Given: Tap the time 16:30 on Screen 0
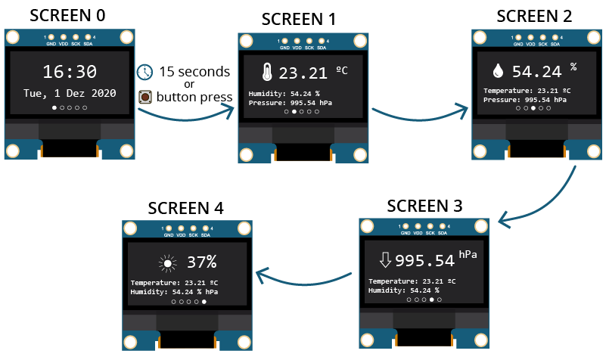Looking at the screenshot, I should pos(69,72).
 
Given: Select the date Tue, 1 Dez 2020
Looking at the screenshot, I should pos(69,94).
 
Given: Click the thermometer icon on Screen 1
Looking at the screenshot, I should pos(266,73).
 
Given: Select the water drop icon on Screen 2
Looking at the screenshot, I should pos(498,71).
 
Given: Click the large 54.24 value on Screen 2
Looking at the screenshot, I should pos(536,72).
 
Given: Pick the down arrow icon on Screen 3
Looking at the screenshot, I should pos(385,260).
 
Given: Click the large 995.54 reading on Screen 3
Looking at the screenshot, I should pos(424,261).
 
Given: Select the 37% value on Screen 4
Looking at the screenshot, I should pos(202,262).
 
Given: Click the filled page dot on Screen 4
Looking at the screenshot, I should pos(204,301).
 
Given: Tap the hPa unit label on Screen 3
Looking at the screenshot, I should pos(468,254).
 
